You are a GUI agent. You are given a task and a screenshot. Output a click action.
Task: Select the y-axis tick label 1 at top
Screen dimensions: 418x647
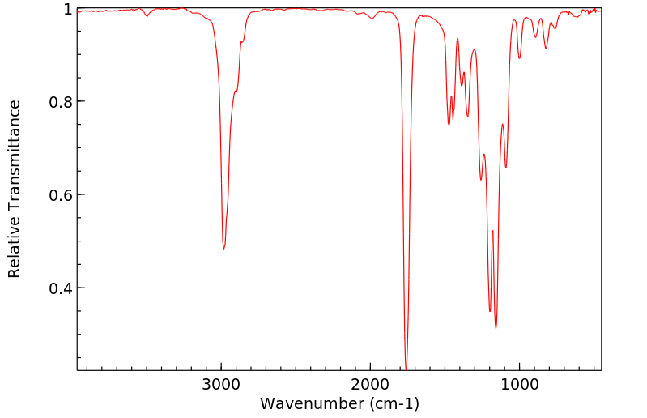69,9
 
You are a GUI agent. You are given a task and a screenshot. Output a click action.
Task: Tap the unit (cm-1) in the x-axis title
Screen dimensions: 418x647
394,403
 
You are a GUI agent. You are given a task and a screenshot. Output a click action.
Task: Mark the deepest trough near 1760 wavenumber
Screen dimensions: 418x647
406,367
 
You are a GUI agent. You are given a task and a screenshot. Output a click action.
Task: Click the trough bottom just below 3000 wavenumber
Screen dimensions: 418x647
223,248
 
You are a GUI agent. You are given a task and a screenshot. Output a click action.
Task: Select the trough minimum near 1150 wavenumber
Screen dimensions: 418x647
496,328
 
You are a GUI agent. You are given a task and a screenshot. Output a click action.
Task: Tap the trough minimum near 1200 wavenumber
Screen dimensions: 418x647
489,311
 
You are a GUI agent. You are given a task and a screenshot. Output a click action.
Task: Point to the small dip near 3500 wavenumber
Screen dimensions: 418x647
147,15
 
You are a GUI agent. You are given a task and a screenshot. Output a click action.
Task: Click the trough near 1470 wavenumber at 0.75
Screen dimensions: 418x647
449,124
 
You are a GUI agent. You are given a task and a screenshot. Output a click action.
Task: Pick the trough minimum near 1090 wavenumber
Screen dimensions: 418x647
506,168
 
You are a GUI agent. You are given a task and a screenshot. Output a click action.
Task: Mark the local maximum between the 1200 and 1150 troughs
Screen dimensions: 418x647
492,231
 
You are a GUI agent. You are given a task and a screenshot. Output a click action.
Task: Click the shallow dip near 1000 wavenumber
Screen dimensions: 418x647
520,58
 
